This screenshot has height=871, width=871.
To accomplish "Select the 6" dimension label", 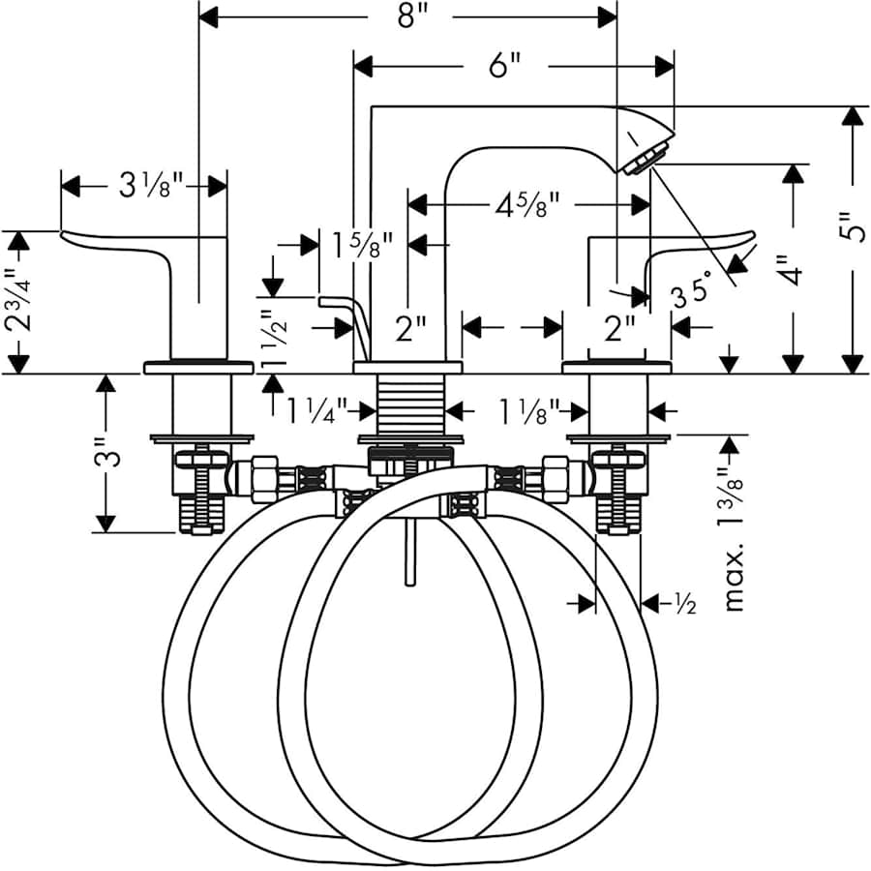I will tap(504, 66).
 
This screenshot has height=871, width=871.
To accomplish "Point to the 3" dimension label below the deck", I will tap(113, 452).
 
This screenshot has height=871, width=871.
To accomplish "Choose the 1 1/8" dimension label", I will tap(528, 411).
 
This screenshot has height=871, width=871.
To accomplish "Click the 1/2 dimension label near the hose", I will tap(684, 604).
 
